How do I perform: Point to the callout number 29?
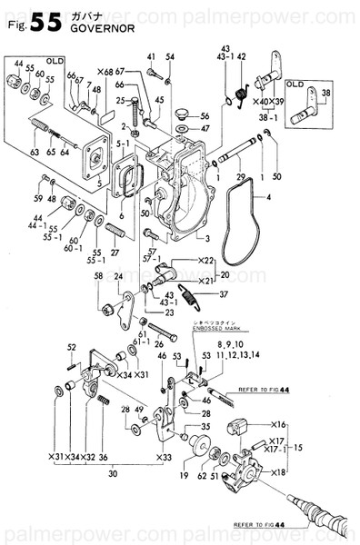pyautogui.click(x=240, y=174)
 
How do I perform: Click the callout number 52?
pyautogui.click(x=71, y=348)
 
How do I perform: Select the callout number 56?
pyautogui.click(x=205, y=116)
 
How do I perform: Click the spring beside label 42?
pyautogui.click(x=241, y=89)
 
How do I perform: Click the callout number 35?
pyautogui.click(x=205, y=426)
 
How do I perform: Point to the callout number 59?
pyautogui.click(x=37, y=198)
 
